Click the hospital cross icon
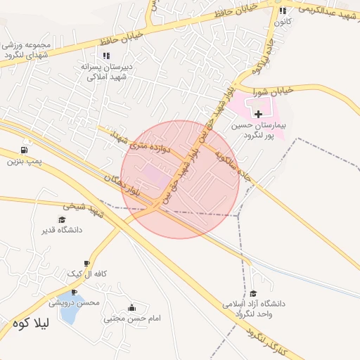tap(259, 114)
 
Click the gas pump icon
tap(25, 150)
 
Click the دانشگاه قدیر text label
tap(62, 231)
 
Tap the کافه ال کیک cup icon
tap(86, 263)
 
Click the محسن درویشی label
tap(75, 302)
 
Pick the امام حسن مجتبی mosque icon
tap(132, 307)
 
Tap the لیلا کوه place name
tap(30, 325)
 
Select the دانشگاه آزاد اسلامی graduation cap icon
tap(254, 293)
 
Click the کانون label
tap(283, 22)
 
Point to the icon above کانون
tap(283, 11)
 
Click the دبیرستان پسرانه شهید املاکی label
tap(107, 72)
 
